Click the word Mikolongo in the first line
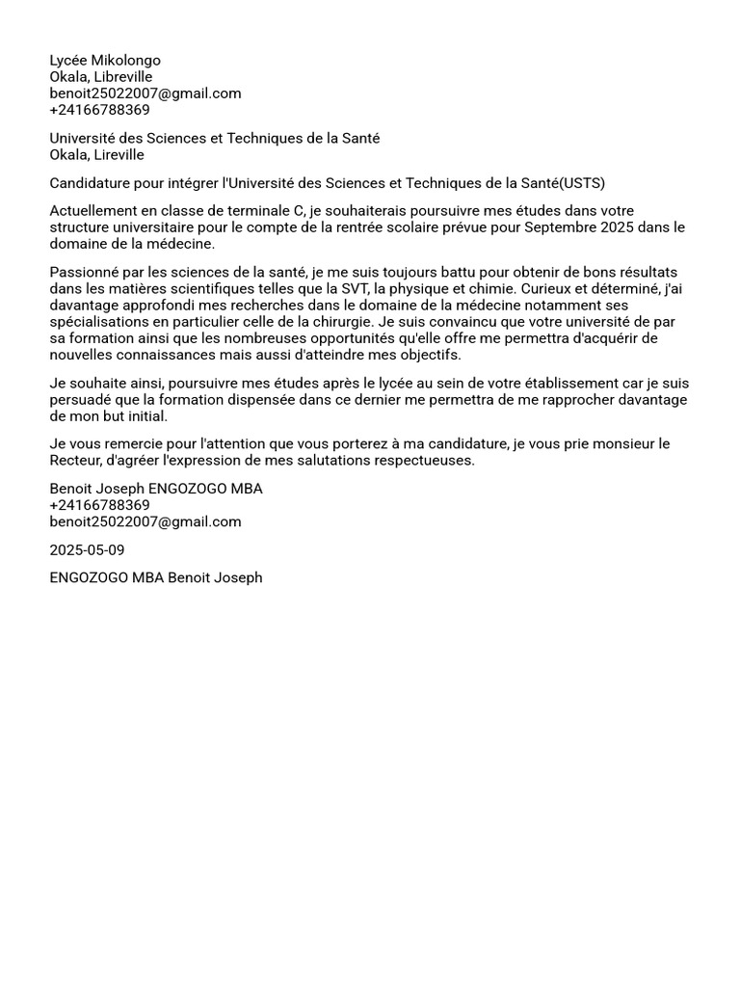pyautogui.click(x=126, y=61)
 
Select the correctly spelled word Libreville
pyautogui.click(x=123, y=77)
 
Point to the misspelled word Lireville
pyautogui.click(x=119, y=155)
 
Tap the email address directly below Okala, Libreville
pyautogui.click(x=145, y=93)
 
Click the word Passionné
pyautogui.click(x=84, y=273)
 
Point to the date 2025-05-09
pyautogui.click(x=87, y=550)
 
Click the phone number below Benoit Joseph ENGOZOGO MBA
pyautogui.click(x=99, y=505)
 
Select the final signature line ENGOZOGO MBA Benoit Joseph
pyautogui.click(x=156, y=578)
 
